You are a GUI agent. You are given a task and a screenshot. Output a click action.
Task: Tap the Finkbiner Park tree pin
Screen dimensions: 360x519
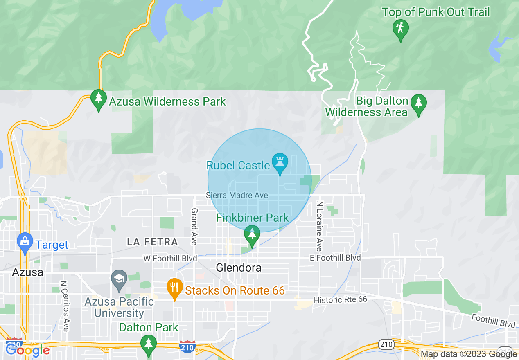pos(252,235)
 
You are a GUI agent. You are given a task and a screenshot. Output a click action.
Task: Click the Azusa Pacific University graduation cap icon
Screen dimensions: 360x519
pos(119,279)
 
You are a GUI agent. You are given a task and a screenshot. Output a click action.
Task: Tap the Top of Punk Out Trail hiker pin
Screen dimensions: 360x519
pos(400,29)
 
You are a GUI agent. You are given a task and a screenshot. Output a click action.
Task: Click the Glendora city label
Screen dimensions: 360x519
pos(239,268)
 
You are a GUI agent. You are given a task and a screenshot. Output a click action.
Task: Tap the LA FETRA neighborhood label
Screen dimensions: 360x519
pos(152,242)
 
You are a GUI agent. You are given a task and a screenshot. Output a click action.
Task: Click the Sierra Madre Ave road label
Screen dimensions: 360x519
pos(237,196)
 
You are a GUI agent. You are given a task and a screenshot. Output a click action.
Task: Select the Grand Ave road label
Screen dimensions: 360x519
pos(194,226)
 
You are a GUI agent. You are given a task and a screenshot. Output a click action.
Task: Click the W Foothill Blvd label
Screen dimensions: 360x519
pos(170,258)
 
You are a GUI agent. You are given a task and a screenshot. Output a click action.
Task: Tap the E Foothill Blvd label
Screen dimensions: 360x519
pos(335,258)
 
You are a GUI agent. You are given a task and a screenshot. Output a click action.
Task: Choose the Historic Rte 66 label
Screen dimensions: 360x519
pos(341,300)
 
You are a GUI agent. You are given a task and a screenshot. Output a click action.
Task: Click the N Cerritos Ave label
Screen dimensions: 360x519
pos(65,306)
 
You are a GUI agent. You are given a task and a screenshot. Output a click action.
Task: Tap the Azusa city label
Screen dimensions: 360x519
pos(28,272)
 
